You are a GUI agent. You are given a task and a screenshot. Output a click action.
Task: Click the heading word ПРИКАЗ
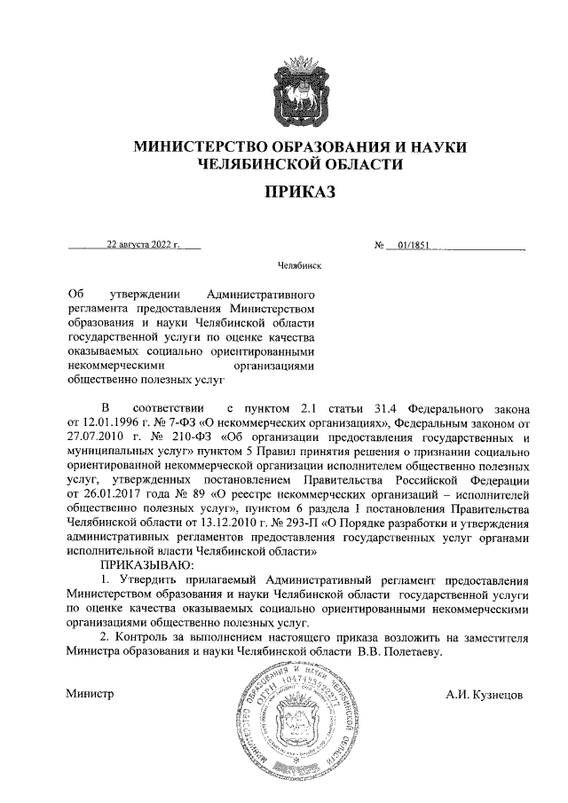(299, 192)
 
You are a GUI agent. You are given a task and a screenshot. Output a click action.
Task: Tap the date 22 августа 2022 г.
(143, 243)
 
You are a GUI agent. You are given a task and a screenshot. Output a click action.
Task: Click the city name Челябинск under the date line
(299, 266)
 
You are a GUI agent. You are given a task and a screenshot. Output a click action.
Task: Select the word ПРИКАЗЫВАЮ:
(142, 564)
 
